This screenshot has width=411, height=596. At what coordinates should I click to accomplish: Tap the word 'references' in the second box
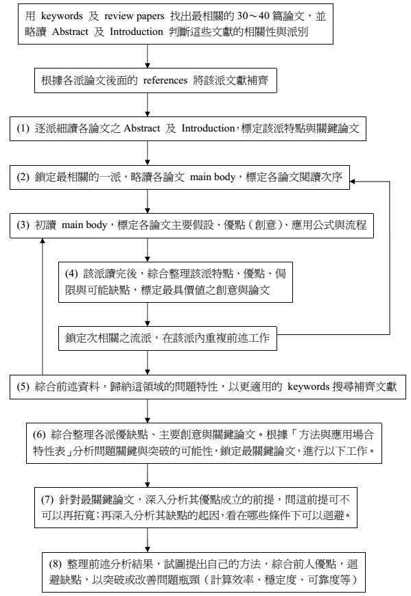pos(165,80)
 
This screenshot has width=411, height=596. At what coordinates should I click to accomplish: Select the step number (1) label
pos(23,129)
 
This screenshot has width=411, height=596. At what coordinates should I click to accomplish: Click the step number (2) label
pos(23,177)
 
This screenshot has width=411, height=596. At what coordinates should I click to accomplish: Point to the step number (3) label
pos(23,225)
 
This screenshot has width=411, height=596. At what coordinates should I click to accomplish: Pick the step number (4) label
pos(71,273)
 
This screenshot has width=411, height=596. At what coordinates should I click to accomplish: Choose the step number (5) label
pos(23,386)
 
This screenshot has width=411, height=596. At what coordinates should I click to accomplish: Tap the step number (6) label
pos(39,434)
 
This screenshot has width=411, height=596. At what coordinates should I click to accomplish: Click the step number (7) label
pos(47,499)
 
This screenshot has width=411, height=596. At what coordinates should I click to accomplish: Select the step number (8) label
pos(56,564)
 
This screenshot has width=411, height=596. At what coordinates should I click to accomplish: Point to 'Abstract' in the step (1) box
pos(141,129)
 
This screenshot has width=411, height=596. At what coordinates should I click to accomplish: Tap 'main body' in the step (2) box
pos(213,177)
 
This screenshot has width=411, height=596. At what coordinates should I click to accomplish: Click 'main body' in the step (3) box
pos(84,225)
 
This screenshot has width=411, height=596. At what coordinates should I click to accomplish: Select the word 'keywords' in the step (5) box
pos(308,386)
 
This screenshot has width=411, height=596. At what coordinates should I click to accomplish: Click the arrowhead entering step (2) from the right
pos(353,182)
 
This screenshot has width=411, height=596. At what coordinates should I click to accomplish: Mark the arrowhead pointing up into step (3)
pos(43,241)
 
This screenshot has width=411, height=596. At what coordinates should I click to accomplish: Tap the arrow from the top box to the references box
pos(148,56)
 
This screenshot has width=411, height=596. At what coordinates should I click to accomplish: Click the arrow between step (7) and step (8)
pos(148,540)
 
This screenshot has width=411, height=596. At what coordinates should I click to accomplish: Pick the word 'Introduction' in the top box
pos(137,32)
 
